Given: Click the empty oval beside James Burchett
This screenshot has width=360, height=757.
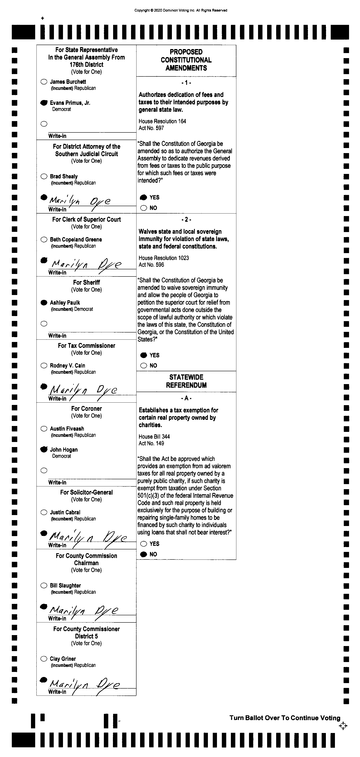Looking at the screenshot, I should [x=44, y=82].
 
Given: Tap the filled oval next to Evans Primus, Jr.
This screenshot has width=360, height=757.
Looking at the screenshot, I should [x=44, y=103].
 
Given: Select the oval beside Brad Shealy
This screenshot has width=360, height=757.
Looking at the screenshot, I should [x=44, y=176].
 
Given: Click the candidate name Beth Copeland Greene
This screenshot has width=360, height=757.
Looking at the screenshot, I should [x=76, y=239].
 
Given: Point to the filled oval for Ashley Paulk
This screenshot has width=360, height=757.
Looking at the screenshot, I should [x=44, y=302].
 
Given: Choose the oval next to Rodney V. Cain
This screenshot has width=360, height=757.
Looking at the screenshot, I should [x=44, y=366].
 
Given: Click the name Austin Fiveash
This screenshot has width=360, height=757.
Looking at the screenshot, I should [x=67, y=429].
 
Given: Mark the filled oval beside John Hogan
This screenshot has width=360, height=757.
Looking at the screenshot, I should [x=44, y=449].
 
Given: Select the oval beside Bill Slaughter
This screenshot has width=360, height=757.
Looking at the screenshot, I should [x=44, y=585].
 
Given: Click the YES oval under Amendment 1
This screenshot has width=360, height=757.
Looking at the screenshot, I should [x=143, y=197].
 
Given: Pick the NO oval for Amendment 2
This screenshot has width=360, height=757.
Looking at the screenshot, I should [x=143, y=366].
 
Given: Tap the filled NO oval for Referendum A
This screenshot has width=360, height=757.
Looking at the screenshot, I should [x=143, y=554].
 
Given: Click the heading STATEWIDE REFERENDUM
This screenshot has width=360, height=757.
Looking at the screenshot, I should [x=186, y=381].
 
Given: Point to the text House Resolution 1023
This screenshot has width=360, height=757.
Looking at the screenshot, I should [x=164, y=258].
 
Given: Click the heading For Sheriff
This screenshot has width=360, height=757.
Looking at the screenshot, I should [x=86, y=282].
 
